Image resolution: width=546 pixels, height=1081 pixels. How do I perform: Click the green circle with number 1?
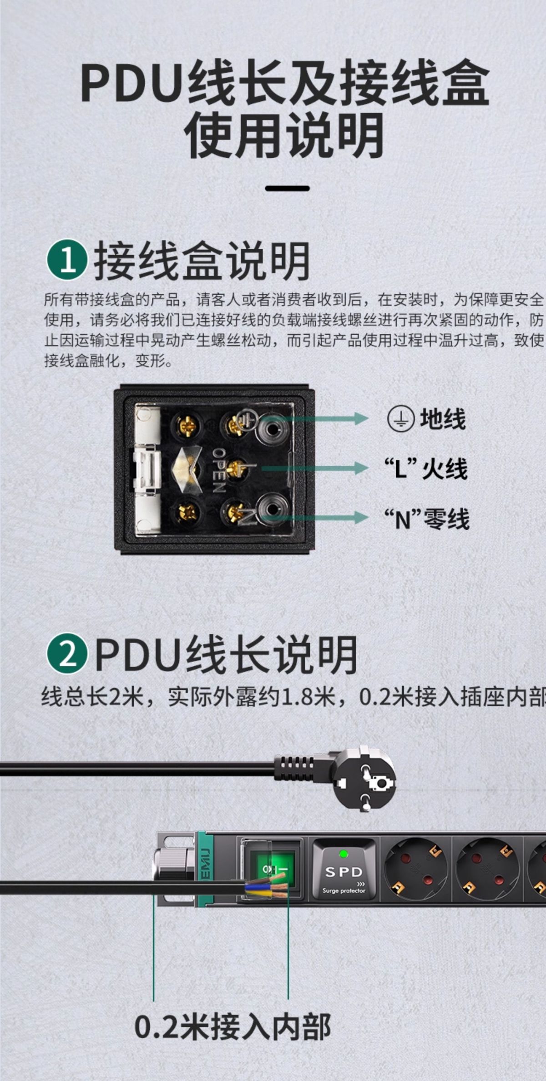67,260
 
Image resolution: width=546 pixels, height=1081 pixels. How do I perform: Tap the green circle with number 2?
67,653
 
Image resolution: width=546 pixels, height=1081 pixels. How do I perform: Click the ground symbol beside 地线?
400,419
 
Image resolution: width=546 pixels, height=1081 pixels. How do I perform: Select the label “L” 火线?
425,468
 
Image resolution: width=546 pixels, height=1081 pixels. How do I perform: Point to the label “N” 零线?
426,518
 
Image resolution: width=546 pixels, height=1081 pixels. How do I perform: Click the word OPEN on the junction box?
219,470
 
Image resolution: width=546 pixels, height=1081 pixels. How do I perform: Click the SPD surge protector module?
344,869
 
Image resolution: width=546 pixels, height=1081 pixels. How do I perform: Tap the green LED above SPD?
344,854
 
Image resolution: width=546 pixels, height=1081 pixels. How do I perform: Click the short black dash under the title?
288,188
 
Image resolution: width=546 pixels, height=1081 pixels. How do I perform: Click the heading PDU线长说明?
226,654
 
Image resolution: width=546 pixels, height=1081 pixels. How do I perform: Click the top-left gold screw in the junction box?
187,426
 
